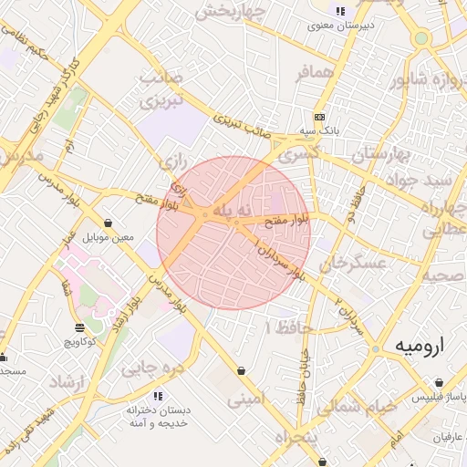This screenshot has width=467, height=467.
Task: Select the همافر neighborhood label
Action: click(317, 71)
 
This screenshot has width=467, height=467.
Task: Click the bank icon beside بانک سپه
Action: click(320, 118)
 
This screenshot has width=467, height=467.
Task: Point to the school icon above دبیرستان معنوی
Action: click(340, 12)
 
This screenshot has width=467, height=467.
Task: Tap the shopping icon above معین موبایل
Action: click(109, 223)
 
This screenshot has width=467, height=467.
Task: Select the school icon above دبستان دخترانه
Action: click(158, 396)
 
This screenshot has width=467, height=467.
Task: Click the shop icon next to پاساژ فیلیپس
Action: click(412, 398)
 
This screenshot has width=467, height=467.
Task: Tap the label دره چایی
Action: click(152, 368)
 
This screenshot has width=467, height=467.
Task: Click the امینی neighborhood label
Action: click(244, 399)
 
